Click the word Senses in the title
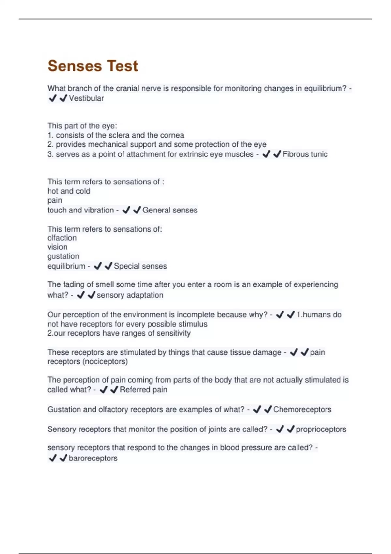point(75,66)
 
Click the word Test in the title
point(122,66)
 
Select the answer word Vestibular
point(86,98)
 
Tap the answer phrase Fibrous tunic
point(305,154)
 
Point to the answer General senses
point(170,210)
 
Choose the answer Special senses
point(140,266)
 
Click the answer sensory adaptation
point(130,295)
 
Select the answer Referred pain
point(143,390)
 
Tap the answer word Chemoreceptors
point(302,410)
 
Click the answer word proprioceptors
point(321,429)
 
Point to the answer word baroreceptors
point(93,458)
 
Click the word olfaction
point(62,238)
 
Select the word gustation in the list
point(63,256)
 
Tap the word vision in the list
point(57,247)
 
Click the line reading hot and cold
point(69,191)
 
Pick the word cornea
point(172,135)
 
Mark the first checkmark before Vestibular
point(52,98)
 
